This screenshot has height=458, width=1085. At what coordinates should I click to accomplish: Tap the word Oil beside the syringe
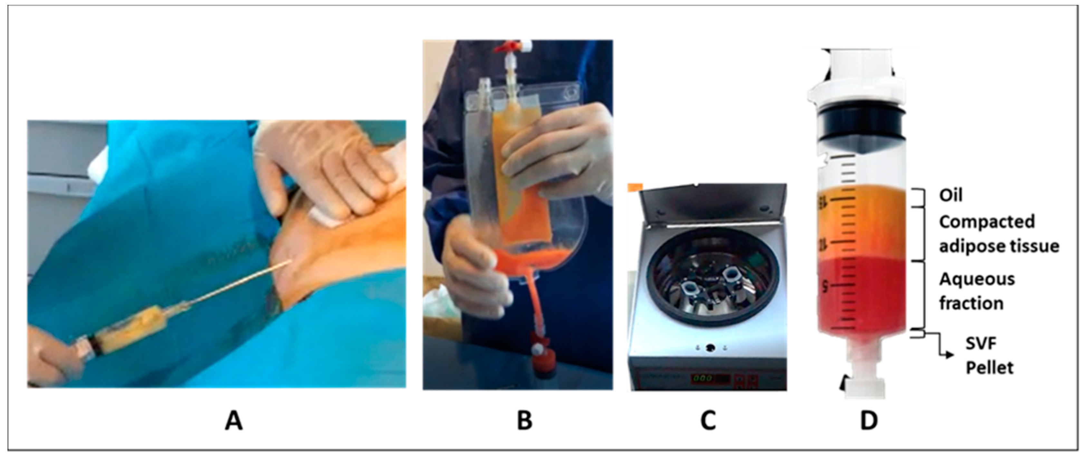pos(951,196)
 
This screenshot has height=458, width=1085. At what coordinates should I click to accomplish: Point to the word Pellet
pos(989,368)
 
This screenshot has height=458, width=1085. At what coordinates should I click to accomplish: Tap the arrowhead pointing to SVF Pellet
pos(950,355)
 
